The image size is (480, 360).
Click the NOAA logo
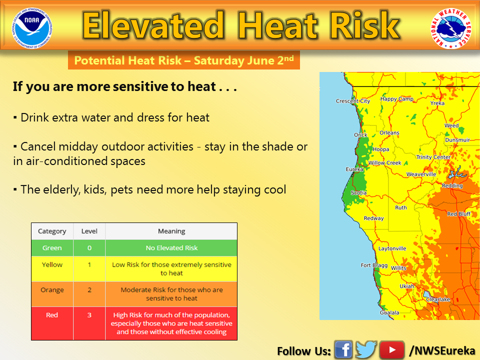point(32,28)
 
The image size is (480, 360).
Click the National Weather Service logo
point(451,28)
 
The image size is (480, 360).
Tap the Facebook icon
point(343,349)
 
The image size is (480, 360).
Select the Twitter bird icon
point(366,349)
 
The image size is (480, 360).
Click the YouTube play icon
point(392,349)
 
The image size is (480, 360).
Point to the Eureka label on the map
point(354,169)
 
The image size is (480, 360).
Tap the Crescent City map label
point(352,101)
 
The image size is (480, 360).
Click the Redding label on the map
point(452,185)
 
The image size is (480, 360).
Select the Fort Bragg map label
point(374,265)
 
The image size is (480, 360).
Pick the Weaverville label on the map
point(421,174)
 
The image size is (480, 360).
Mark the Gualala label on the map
point(389,312)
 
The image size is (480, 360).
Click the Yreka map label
point(437,103)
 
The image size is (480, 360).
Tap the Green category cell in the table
point(52,248)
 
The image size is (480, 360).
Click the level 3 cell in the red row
point(89,323)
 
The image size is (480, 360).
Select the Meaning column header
point(171,231)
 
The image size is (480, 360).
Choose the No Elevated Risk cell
point(171,248)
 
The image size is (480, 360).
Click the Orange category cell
point(52,294)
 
